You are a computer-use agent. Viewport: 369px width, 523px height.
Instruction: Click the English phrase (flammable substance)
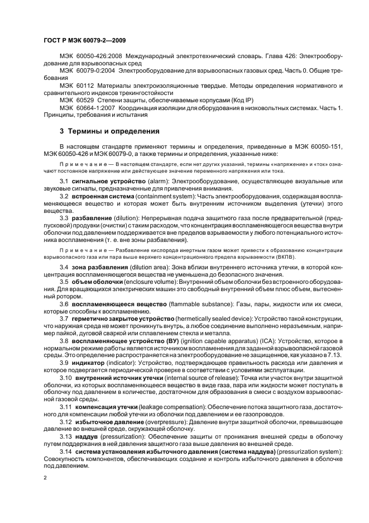pos(199,303)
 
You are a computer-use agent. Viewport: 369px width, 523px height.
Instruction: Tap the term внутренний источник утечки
pos(121,379)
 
